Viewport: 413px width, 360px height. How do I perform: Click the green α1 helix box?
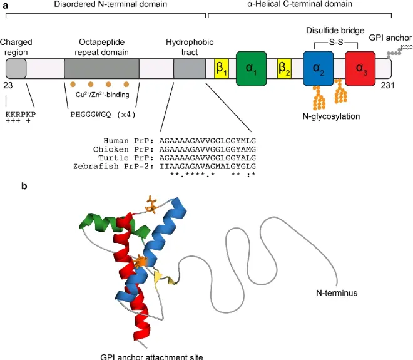coord(252,68)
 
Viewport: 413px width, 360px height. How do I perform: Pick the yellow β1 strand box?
coord(221,69)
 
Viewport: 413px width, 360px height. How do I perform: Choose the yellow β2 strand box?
coord(283,69)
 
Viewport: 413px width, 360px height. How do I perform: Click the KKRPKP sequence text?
coord(20,116)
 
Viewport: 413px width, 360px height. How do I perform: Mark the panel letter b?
coord(6,185)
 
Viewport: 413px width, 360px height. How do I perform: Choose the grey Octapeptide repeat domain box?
coord(102,69)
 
